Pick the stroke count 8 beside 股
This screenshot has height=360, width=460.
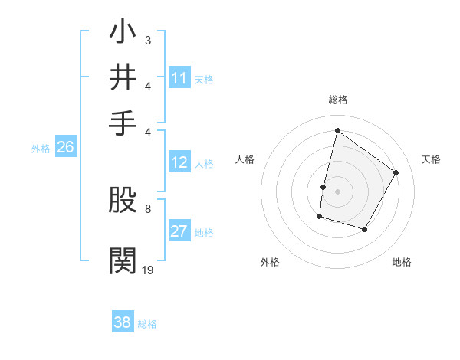coord(147,208)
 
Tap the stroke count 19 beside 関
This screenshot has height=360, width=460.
coord(147,269)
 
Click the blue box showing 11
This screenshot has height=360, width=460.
coord(179,78)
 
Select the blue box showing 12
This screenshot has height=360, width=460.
coord(179,162)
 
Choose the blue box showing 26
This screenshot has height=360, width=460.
coord(65,148)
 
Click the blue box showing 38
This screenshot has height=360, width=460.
coord(123,322)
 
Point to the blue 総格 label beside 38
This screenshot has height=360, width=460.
coord(147,324)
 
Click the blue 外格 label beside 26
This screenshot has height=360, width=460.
coord(41,149)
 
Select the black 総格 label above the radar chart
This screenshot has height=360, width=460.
coord(337,100)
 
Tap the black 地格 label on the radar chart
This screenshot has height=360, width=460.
coord(402,262)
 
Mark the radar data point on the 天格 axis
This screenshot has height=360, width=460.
coord(396,172)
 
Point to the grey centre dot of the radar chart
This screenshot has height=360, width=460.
coord(337,191)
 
